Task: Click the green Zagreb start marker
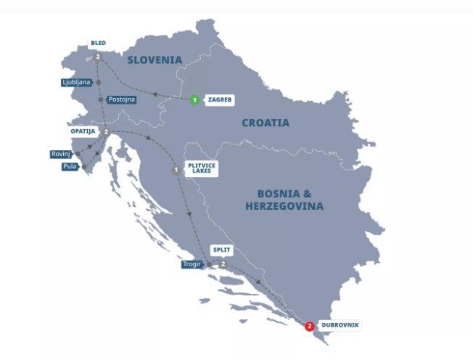[x=194, y=100]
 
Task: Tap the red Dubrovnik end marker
[x=310, y=327]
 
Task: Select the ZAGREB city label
[x=220, y=100]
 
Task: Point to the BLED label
[x=99, y=43]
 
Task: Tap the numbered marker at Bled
[x=97, y=56]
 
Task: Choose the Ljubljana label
[x=76, y=83]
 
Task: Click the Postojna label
[x=121, y=99]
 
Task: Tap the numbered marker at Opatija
[x=106, y=132]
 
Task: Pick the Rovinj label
[x=60, y=154]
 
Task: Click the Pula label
[x=70, y=166]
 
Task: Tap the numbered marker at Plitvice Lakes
[x=176, y=171]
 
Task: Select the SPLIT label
[x=221, y=250]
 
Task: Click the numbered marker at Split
[x=223, y=263]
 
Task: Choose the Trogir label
[x=192, y=264]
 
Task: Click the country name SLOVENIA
[x=154, y=60]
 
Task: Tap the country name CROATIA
[x=265, y=123]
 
